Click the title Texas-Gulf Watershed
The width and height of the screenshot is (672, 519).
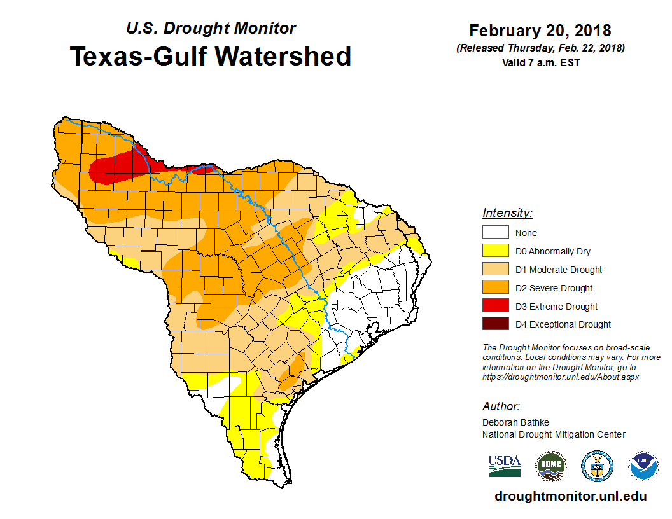click(x=210, y=56)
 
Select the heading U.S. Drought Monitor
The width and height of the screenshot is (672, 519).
click(x=211, y=29)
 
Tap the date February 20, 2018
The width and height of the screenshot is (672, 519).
click(x=540, y=31)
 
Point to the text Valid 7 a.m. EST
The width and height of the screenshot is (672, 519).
click(x=540, y=62)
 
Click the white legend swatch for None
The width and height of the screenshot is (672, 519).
click(x=495, y=233)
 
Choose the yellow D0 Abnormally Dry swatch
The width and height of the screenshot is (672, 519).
click(x=495, y=251)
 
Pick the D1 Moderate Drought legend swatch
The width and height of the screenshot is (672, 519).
click(x=495, y=270)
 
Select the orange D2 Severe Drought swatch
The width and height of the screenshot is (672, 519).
click(x=495, y=288)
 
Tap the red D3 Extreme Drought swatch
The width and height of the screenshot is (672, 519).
click(x=495, y=306)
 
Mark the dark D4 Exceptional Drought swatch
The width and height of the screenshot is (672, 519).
click(x=495, y=324)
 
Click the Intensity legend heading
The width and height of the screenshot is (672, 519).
click(x=507, y=213)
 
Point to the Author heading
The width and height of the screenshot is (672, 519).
click(x=501, y=406)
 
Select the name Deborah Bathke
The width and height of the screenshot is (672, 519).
click(x=515, y=422)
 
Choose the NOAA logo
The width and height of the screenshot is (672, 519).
click(x=643, y=466)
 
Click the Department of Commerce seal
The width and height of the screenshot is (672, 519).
click(x=598, y=466)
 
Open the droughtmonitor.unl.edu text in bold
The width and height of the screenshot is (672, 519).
click(x=571, y=497)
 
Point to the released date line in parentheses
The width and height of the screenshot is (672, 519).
click(x=540, y=48)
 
